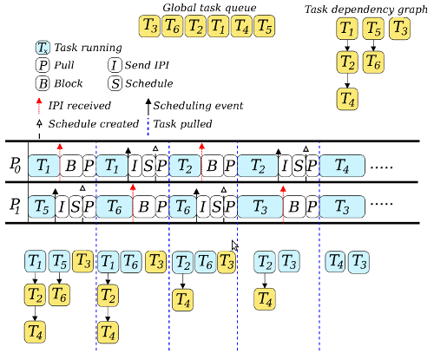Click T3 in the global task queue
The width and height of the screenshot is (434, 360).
point(149,26)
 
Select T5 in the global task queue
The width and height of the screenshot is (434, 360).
point(265,26)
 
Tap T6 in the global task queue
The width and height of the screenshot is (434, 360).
point(173,26)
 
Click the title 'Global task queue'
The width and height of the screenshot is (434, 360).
point(209,8)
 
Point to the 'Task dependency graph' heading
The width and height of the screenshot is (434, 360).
point(366,10)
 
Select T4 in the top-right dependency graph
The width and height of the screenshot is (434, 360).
point(347,99)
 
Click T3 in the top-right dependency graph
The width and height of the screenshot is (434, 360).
point(400,29)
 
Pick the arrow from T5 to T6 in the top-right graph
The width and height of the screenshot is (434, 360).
point(373,45)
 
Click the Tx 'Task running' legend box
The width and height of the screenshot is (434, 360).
point(43,48)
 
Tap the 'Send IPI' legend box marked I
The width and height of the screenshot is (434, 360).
point(115,65)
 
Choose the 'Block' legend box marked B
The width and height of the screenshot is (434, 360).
point(43,83)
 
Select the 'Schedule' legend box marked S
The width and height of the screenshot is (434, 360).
point(115,83)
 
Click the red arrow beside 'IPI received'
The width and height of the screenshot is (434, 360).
point(39,106)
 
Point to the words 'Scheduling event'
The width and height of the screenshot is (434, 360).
point(198,106)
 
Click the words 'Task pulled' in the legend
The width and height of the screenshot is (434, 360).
point(182,124)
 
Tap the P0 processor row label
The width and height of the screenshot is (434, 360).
point(16,166)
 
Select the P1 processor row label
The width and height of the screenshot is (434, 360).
point(16,206)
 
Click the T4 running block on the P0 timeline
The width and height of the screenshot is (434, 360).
point(342,166)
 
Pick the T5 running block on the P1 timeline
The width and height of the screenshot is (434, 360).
point(42,206)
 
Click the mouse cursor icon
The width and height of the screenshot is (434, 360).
point(235,245)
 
